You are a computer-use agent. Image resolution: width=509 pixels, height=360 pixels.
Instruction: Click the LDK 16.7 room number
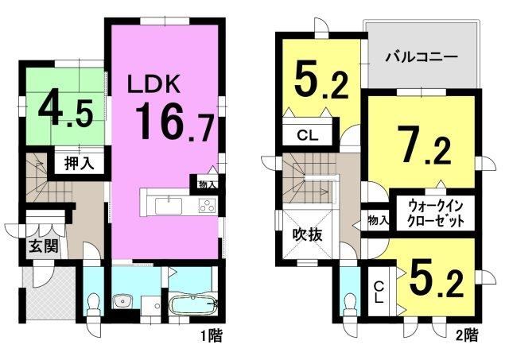[x=175, y=122]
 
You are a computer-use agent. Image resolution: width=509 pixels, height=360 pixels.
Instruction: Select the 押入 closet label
[x=80, y=163]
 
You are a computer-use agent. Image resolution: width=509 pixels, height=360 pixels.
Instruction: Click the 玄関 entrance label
[x=44, y=246]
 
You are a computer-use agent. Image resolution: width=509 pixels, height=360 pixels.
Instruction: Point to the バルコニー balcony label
[x=422, y=58]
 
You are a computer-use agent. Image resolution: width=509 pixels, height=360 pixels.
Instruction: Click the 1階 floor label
[x=212, y=335]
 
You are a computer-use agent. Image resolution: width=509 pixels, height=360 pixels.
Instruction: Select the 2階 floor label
[x=467, y=335]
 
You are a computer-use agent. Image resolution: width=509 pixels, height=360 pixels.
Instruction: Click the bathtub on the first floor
[x=193, y=304]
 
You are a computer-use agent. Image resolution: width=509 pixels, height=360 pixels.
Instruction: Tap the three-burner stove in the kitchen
[x=207, y=206]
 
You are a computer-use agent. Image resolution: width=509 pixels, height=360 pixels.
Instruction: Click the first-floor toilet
[x=94, y=305]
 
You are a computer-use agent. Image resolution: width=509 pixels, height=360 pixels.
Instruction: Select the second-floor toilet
[x=351, y=305]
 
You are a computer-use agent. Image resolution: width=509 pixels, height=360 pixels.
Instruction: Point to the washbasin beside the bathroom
[x=123, y=302]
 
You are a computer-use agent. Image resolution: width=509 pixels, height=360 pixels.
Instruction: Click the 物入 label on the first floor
[x=208, y=184]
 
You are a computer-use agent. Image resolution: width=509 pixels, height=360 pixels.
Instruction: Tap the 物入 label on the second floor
[x=379, y=221]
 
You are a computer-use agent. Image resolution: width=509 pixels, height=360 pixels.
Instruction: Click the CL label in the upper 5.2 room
[x=308, y=135]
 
